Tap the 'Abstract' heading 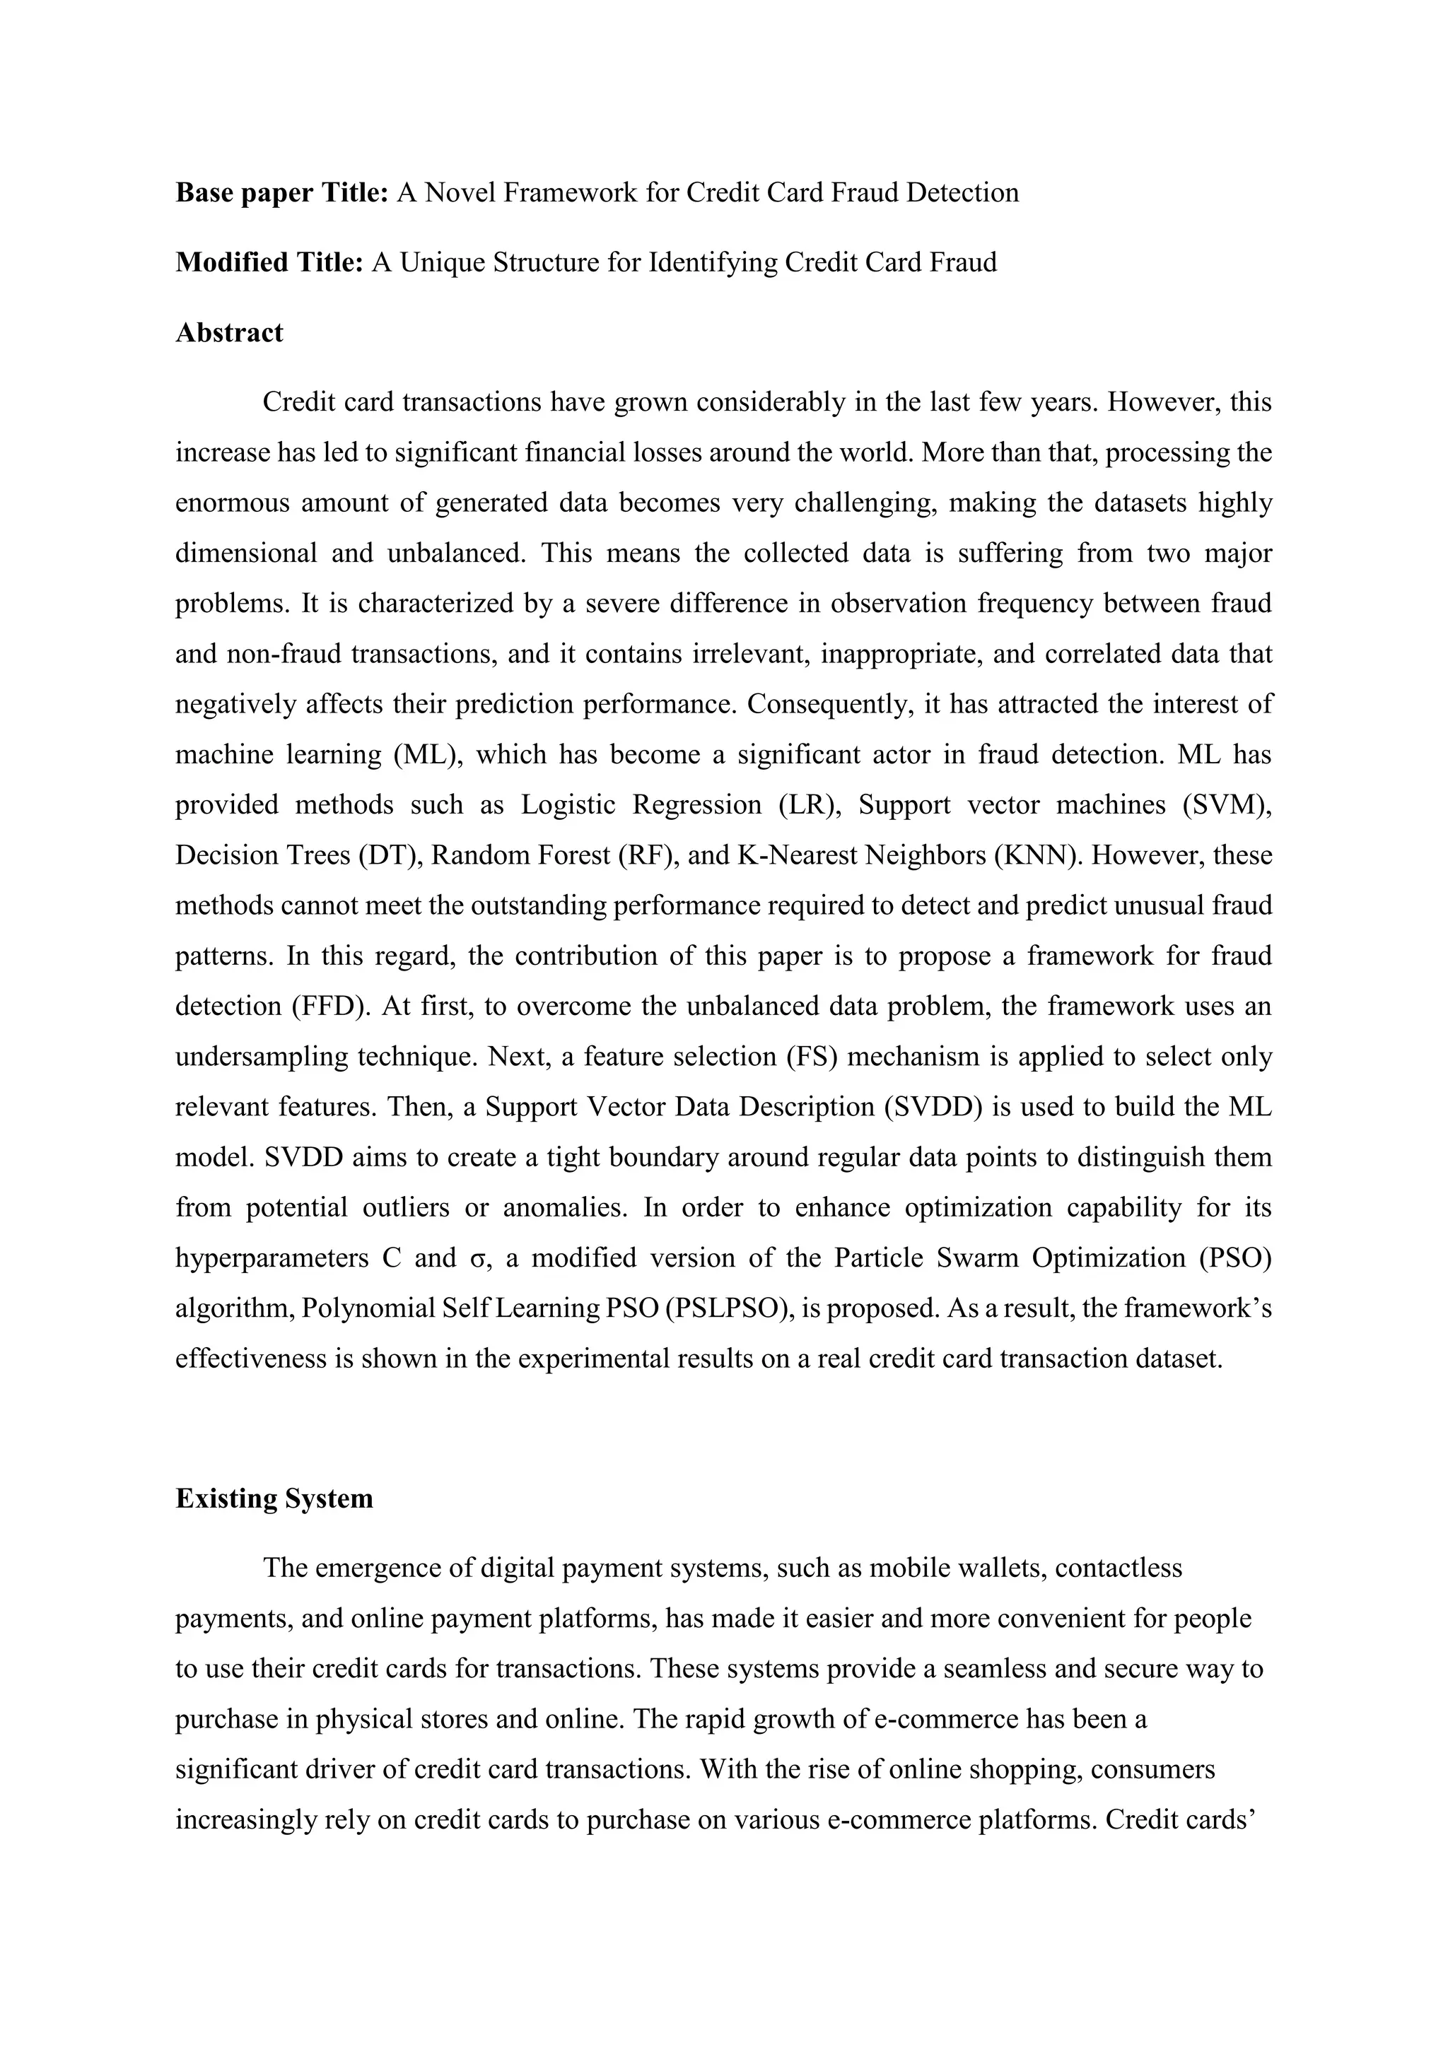(229, 332)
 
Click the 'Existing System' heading (274, 1498)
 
